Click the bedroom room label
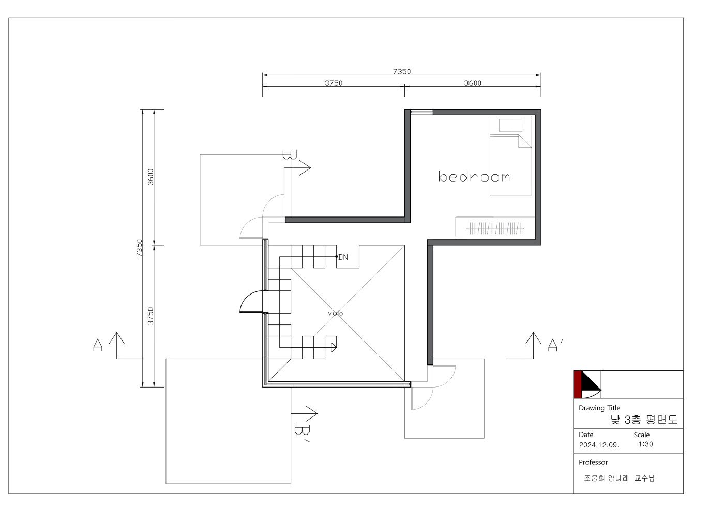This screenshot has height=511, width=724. [x=474, y=177]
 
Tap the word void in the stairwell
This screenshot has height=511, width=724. [x=336, y=313]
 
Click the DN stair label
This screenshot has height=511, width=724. [x=343, y=257]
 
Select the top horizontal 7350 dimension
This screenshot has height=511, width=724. [x=402, y=71]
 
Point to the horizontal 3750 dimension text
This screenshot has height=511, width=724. [x=334, y=83]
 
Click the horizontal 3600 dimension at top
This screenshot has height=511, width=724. [x=473, y=83]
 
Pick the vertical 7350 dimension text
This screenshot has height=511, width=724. [x=139, y=248]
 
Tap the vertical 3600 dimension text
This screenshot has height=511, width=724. [x=150, y=177]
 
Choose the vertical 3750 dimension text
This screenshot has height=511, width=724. [x=150, y=316]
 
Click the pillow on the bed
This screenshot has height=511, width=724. [x=510, y=126]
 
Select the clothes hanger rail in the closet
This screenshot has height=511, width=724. [x=495, y=228]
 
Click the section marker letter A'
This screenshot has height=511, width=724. [x=555, y=345]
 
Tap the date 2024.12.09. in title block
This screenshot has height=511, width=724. [x=599, y=445]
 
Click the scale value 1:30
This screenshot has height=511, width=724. [x=645, y=444]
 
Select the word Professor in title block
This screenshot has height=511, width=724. [x=593, y=462]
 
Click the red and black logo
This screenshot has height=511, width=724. [x=587, y=384]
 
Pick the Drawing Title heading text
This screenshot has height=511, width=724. [x=599, y=408]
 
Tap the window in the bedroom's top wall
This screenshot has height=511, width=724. [x=421, y=112]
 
